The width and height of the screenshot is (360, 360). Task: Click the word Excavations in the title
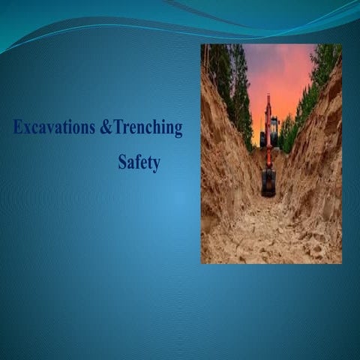click(54, 128)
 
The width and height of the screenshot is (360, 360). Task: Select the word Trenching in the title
click(148, 128)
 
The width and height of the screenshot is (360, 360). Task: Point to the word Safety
click(139, 163)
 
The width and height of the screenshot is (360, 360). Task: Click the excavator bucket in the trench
click(268, 182)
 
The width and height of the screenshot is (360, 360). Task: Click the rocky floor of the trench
click(270, 232)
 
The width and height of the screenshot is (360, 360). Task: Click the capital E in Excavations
click(18, 128)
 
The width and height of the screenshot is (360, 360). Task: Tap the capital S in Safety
click(122, 163)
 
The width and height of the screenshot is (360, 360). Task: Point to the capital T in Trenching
click(119, 128)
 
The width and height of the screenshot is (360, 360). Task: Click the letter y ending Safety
click(156, 166)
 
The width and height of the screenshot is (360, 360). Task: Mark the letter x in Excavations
click(28, 130)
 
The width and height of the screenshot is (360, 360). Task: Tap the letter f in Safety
click(138, 162)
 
